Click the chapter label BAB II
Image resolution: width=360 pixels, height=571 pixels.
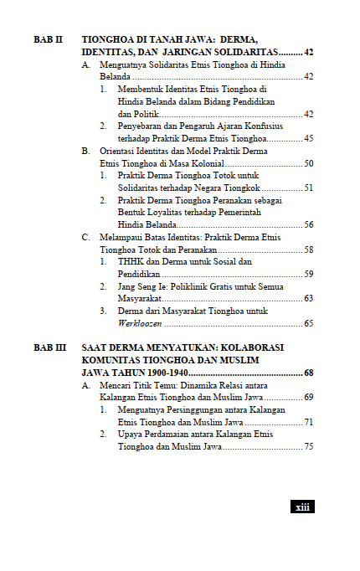coord(48,40)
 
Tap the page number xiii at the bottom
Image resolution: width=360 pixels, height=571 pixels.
coord(301,507)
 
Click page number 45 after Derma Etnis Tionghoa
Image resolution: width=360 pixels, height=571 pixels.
coord(308,138)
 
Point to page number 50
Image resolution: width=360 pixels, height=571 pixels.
coord(308,163)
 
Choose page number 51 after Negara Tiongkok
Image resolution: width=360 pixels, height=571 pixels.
coord(308,188)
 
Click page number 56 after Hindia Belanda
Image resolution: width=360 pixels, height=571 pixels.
coord(308,225)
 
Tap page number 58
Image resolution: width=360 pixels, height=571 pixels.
coord(308,249)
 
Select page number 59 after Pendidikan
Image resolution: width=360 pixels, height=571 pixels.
coord(308,274)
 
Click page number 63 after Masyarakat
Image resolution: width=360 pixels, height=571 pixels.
coord(308,298)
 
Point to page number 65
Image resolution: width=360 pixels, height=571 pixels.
coord(308,323)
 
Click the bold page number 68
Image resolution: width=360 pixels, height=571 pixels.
coord(308,373)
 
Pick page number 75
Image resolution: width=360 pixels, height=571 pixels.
coord(308,447)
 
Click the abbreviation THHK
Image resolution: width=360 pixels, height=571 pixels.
coord(131,262)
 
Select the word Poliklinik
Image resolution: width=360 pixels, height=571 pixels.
coord(184,286)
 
